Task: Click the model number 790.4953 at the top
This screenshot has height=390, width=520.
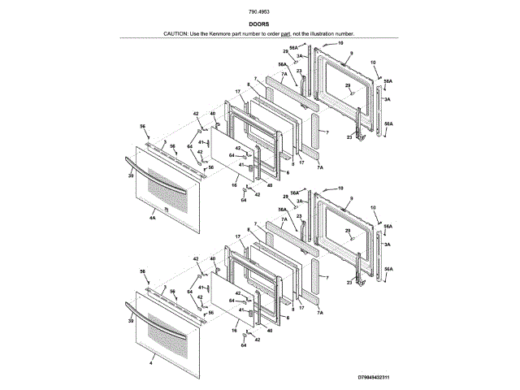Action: click(x=259, y=11)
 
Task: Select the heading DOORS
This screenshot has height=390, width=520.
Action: click(x=259, y=24)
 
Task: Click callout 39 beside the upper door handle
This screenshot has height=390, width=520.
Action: click(x=130, y=175)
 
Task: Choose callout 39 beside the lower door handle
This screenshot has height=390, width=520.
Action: click(x=130, y=323)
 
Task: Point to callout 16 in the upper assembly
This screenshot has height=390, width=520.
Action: click(x=234, y=185)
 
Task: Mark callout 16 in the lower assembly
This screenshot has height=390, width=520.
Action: click(x=234, y=331)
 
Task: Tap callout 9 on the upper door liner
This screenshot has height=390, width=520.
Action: click(x=350, y=53)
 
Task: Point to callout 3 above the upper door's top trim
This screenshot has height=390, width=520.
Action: click(x=165, y=141)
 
